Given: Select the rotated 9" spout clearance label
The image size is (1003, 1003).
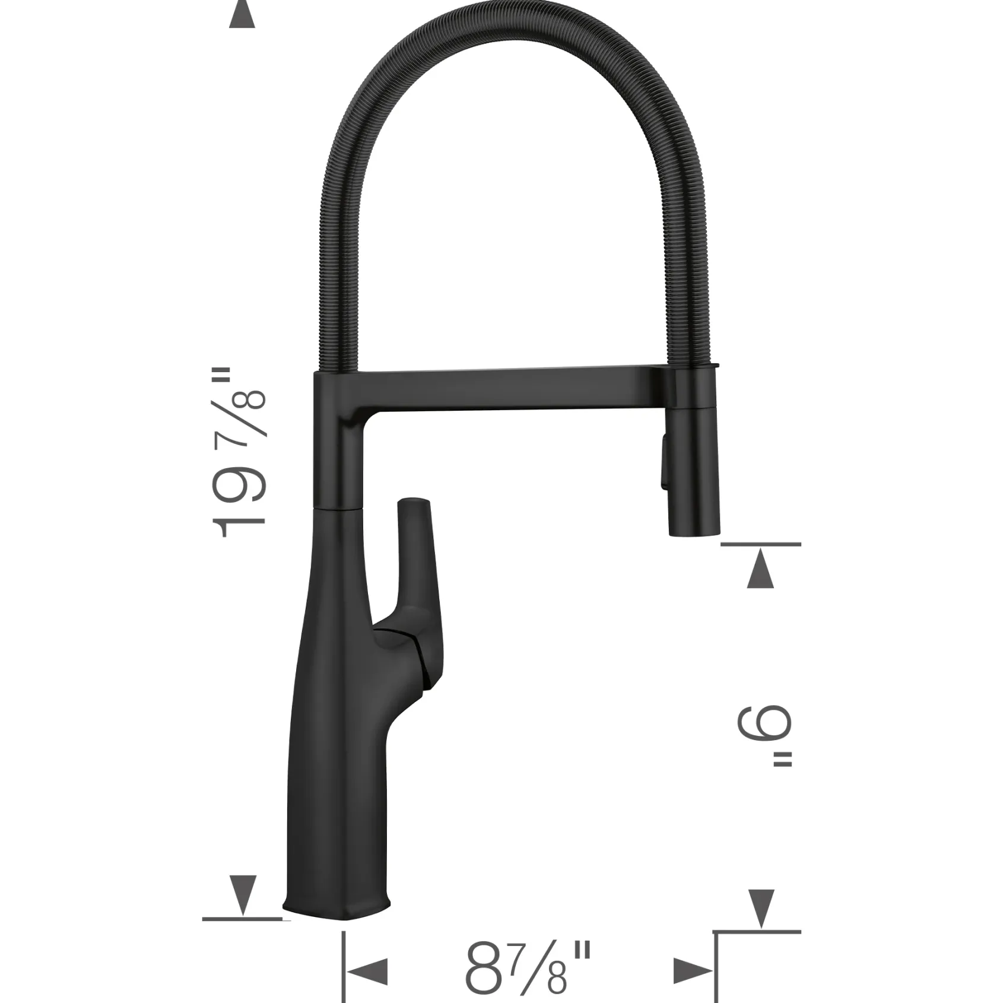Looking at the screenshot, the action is (764, 738).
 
